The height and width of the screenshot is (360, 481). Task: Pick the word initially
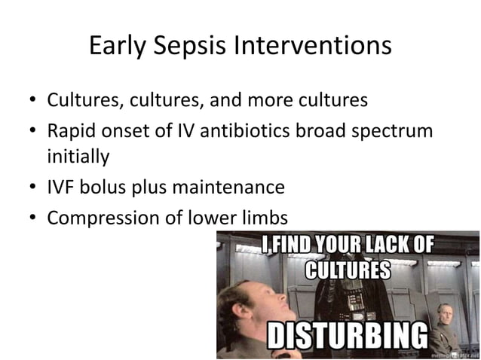click(78, 157)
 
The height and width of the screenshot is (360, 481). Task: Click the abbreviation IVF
click(61, 188)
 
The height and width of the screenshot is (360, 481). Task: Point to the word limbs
click(263, 218)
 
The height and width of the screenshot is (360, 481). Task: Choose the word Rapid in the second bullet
click(70, 130)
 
